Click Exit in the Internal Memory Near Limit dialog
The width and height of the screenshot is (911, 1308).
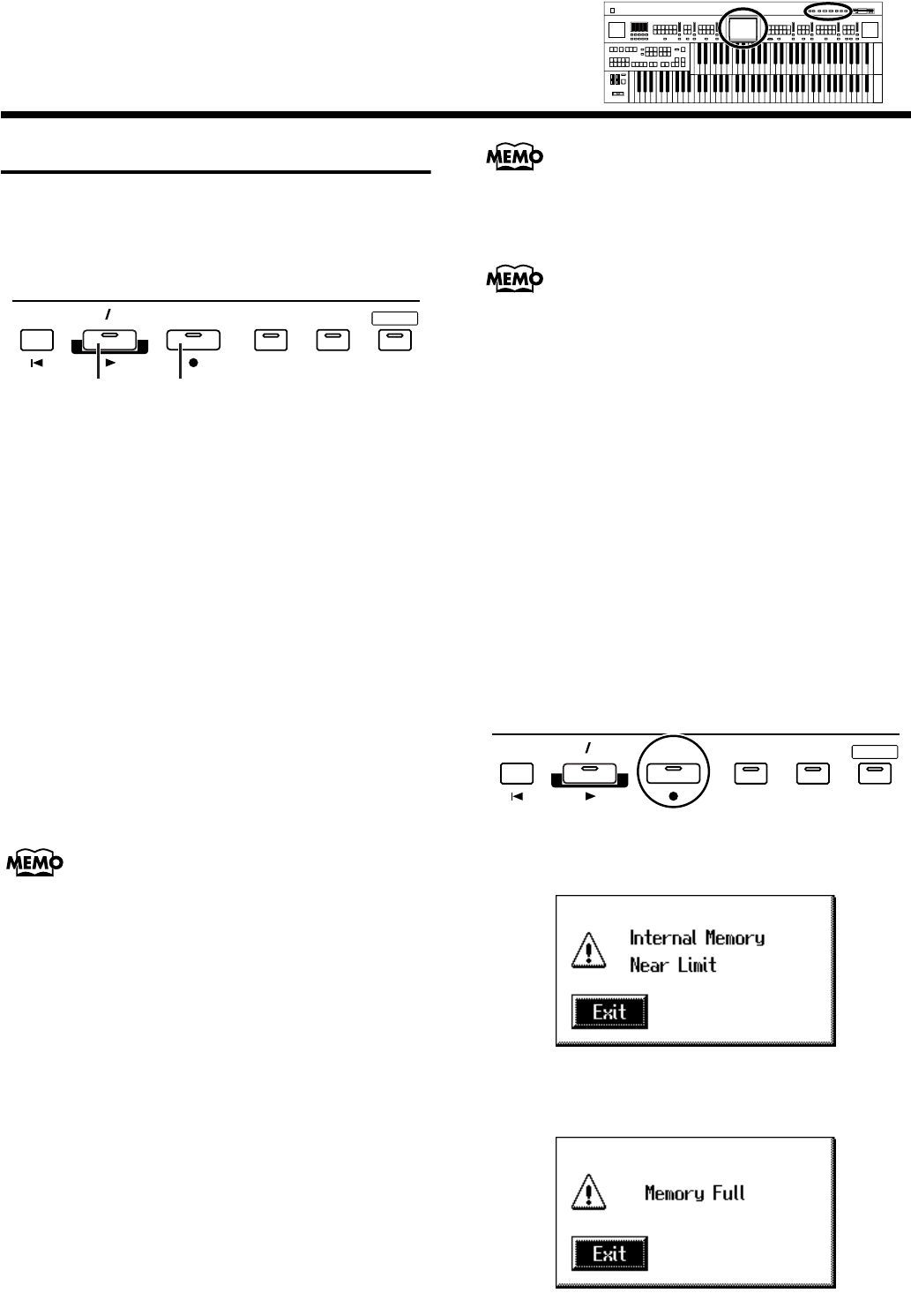coord(609,1011)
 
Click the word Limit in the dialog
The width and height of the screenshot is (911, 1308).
coord(697,965)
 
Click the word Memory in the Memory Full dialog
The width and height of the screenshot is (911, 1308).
coord(675,1193)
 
